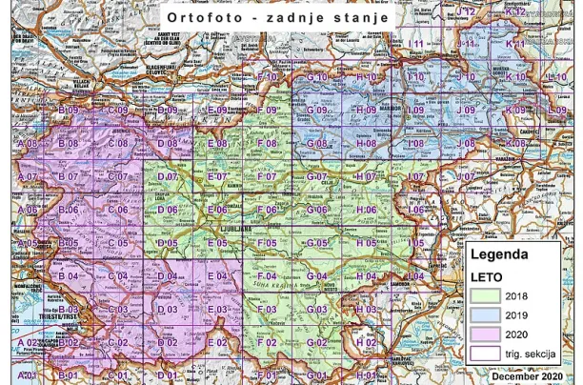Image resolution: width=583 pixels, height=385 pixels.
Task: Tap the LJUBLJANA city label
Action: click(x=226, y=229)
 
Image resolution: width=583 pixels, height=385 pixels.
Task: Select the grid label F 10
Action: click(x=267, y=77)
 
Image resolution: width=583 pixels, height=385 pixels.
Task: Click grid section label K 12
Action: click(x=515, y=12)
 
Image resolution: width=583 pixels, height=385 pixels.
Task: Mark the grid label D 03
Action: click(x=167, y=310)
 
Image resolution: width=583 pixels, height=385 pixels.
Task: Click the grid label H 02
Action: click(x=365, y=342)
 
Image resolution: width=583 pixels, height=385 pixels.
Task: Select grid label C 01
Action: click(x=117, y=375)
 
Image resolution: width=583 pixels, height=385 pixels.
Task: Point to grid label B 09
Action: click(x=67, y=111)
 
